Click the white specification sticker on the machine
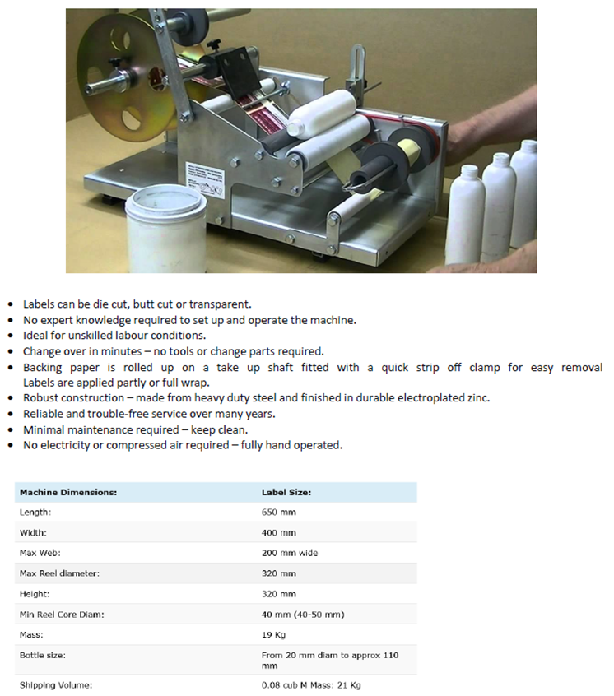coord(205,179)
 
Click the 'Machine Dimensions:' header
coord(68,492)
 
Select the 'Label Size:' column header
coord(286,492)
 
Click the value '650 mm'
coord(279,513)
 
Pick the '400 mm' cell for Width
coord(279,532)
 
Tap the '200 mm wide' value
coord(290,553)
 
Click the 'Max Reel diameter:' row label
coord(59,573)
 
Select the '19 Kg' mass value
coord(273,635)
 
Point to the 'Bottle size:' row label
coord(43,655)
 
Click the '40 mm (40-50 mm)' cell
coord(303,615)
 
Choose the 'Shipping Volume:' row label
coord(56,685)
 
